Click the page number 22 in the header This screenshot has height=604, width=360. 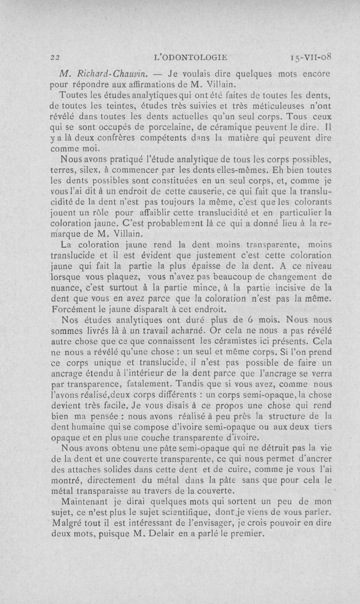pos(55,58)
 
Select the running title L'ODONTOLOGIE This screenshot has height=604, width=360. pos(191,57)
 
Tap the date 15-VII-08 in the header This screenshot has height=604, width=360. pos(312,57)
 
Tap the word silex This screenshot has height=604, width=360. pos(91,171)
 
